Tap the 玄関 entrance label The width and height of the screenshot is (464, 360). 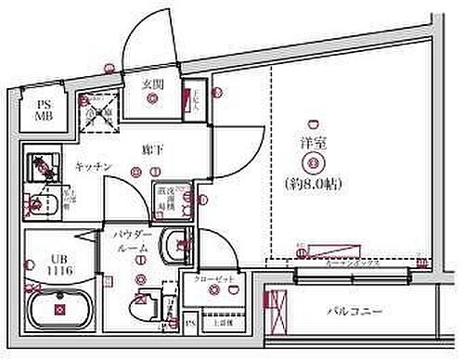click(x=153, y=83)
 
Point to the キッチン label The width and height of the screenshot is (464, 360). click(x=94, y=166)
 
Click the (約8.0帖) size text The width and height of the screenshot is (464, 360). click(x=313, y=183)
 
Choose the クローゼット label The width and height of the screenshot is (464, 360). click(x=214, y=277)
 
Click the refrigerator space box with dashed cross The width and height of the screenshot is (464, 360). click(x=97, y=114)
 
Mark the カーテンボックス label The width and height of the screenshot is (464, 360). click(x=352, y=263)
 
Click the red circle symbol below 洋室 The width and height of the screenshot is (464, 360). click(x=313, y=164)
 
